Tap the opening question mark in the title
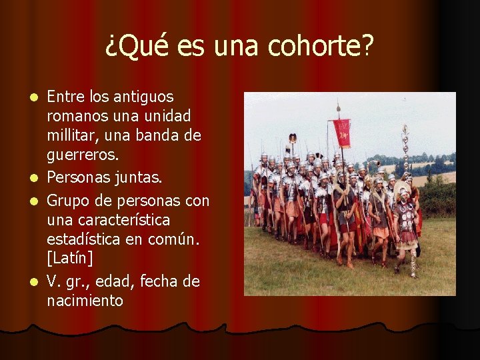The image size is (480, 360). point(111,46)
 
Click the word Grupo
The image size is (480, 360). point(67,200)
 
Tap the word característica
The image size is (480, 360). point(125,220)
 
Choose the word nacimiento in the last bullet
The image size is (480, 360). point(85,301)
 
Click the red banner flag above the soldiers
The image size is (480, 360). point(342,132)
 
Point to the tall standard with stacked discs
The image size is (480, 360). point(404,150)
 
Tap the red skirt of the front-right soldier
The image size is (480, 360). point(406,238)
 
